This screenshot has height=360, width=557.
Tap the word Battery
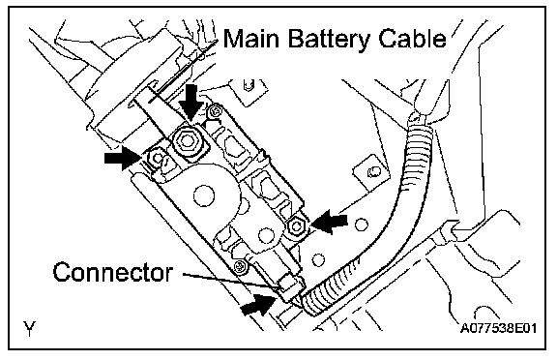pos(329,40)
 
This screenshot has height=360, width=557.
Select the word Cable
pos(412,39)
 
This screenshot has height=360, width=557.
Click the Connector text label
pos(113,273)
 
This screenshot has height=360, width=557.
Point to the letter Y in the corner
pos(29,328)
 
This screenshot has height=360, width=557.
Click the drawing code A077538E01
pos(498,328)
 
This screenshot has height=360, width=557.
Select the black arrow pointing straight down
pos(191,102)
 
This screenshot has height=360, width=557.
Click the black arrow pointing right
pos(123,158)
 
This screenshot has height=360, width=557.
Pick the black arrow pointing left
pos(330,221)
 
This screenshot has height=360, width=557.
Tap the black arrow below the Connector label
pos(258,305)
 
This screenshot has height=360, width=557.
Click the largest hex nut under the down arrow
pos(187,141)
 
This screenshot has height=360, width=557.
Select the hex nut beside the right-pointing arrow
pos(155,158)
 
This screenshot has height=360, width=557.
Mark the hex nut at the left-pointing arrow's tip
pos(296,226)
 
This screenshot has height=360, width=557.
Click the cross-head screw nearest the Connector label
pos(242,266)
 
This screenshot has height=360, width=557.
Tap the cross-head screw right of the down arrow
pos(216,111)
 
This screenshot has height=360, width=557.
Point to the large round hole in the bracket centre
pos(204,195)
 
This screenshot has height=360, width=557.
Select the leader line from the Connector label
pos(230,280)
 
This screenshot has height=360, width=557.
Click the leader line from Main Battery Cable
pos(183,71)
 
